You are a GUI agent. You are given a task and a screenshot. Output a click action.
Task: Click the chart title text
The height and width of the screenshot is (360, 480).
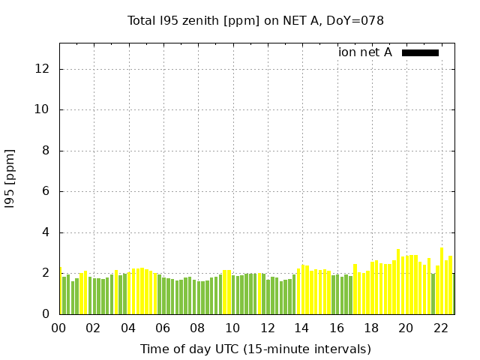coord(256,20)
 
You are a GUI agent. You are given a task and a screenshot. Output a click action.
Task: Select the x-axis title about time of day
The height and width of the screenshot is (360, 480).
coord(255,349)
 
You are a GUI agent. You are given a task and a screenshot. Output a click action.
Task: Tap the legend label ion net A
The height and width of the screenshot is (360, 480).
coord(365,52)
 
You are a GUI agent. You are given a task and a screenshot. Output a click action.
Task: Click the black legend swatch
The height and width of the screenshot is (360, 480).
coord(420,52)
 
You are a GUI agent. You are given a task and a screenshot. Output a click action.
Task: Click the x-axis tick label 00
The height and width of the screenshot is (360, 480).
coord(59,328)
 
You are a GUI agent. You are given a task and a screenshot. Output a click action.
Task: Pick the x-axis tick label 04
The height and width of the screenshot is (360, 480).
coord(128,328)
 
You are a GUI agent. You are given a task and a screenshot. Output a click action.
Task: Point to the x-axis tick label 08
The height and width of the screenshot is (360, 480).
coord(198,328)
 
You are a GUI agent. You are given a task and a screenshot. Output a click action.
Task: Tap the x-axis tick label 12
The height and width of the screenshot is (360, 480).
coord(267,328)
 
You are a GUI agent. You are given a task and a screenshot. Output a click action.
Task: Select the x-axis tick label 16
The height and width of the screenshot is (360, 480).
coord(337,328)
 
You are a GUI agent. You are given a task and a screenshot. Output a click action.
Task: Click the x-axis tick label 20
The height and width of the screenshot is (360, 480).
coord(406,328)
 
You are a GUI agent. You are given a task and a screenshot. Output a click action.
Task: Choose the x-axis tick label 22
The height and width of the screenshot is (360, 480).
coord(441,328)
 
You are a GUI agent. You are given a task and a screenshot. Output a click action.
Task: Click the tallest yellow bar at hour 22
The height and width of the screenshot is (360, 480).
coord(442,281)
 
